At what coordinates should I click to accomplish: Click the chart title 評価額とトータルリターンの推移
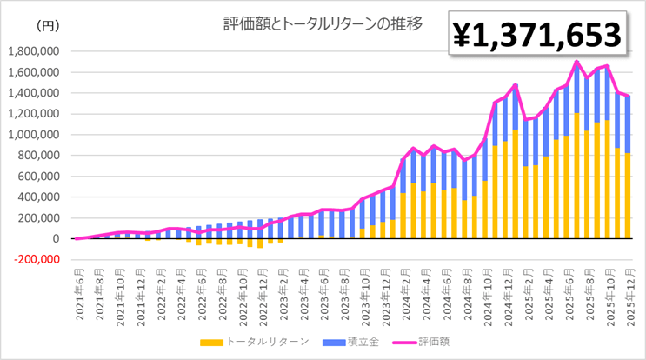point(323,24)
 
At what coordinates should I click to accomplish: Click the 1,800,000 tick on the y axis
point(33,51)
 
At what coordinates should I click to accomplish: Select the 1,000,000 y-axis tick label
point(33,135)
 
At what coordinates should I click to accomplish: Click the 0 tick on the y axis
point(55,238)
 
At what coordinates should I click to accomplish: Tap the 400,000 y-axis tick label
point(38,197)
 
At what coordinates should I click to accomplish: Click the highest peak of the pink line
point(576,62)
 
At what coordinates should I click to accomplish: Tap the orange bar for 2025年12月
point(629,196)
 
